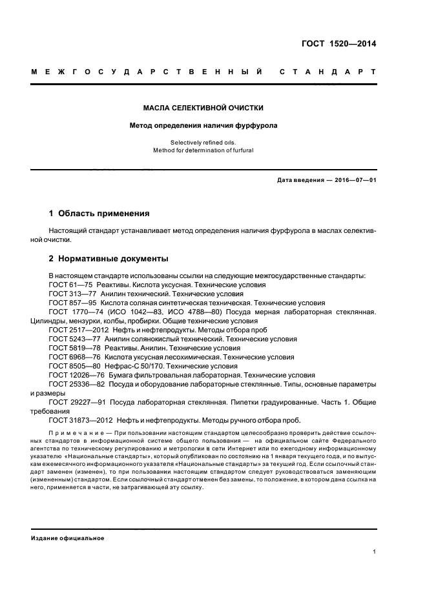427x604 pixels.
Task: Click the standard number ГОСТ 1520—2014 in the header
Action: coord(338,44)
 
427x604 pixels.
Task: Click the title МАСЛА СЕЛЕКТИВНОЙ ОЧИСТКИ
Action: coord(203,108)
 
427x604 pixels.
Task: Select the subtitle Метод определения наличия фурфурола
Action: coord(203,126)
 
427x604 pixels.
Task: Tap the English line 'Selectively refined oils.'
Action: coord(203,142)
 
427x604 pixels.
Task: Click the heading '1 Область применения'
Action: coord(99,214)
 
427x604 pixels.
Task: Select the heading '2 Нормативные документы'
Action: coord(109,259)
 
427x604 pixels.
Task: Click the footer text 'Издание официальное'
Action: coord(67,538)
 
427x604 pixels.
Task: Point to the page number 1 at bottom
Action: coord(375,552)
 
